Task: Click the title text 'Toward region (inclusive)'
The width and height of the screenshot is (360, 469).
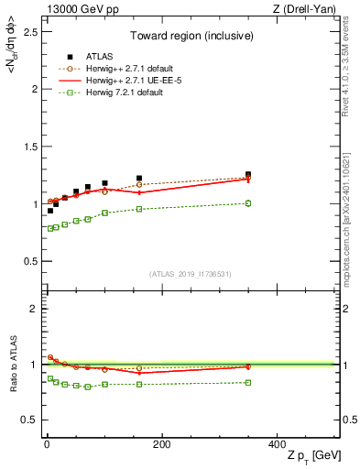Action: click(189, 37)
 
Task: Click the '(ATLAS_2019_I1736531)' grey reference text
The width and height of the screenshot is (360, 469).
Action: click(189, 273)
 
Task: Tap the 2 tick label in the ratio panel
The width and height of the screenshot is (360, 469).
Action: click(32, 309)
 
